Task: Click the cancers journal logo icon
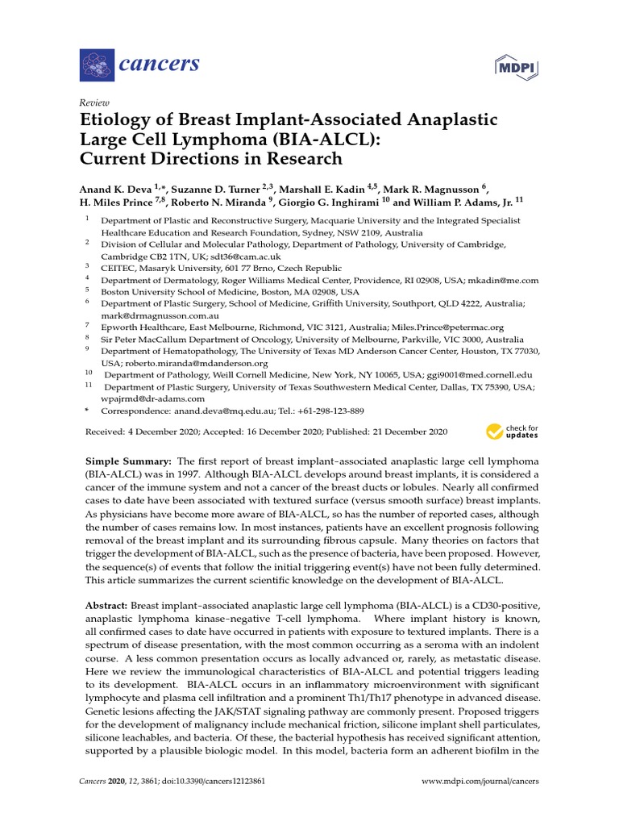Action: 97,62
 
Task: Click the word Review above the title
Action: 94,103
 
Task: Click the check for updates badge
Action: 513,432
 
